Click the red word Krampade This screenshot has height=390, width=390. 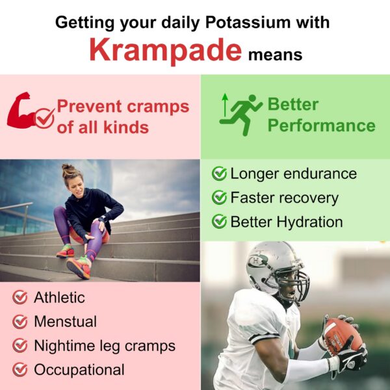point(166,49)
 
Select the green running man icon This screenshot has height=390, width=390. point(241,114)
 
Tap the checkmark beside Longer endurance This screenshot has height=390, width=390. point(220,174)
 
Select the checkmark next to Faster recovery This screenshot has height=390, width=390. point(220,198)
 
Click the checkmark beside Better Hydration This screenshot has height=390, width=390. point(220,222)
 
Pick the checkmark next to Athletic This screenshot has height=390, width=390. point(21,298)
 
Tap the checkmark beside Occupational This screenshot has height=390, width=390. point(21,370)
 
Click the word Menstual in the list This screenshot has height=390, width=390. point(65,322)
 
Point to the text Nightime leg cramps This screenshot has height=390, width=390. point(105,346)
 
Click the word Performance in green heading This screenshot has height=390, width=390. point(321,125)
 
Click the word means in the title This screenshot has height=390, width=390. point(276,55)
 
